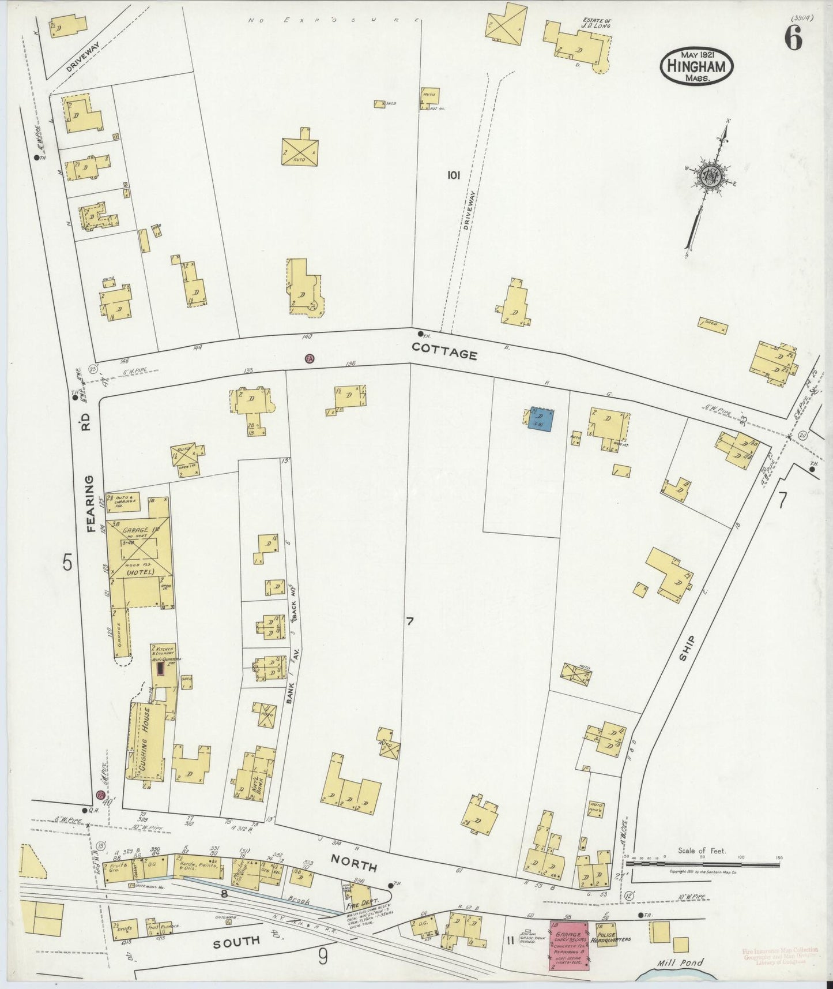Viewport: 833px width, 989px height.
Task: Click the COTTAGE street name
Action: (x=444, y=353)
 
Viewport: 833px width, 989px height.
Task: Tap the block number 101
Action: (x=453, y=175)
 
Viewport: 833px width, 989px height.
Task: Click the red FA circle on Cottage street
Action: (x=310, y=358)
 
